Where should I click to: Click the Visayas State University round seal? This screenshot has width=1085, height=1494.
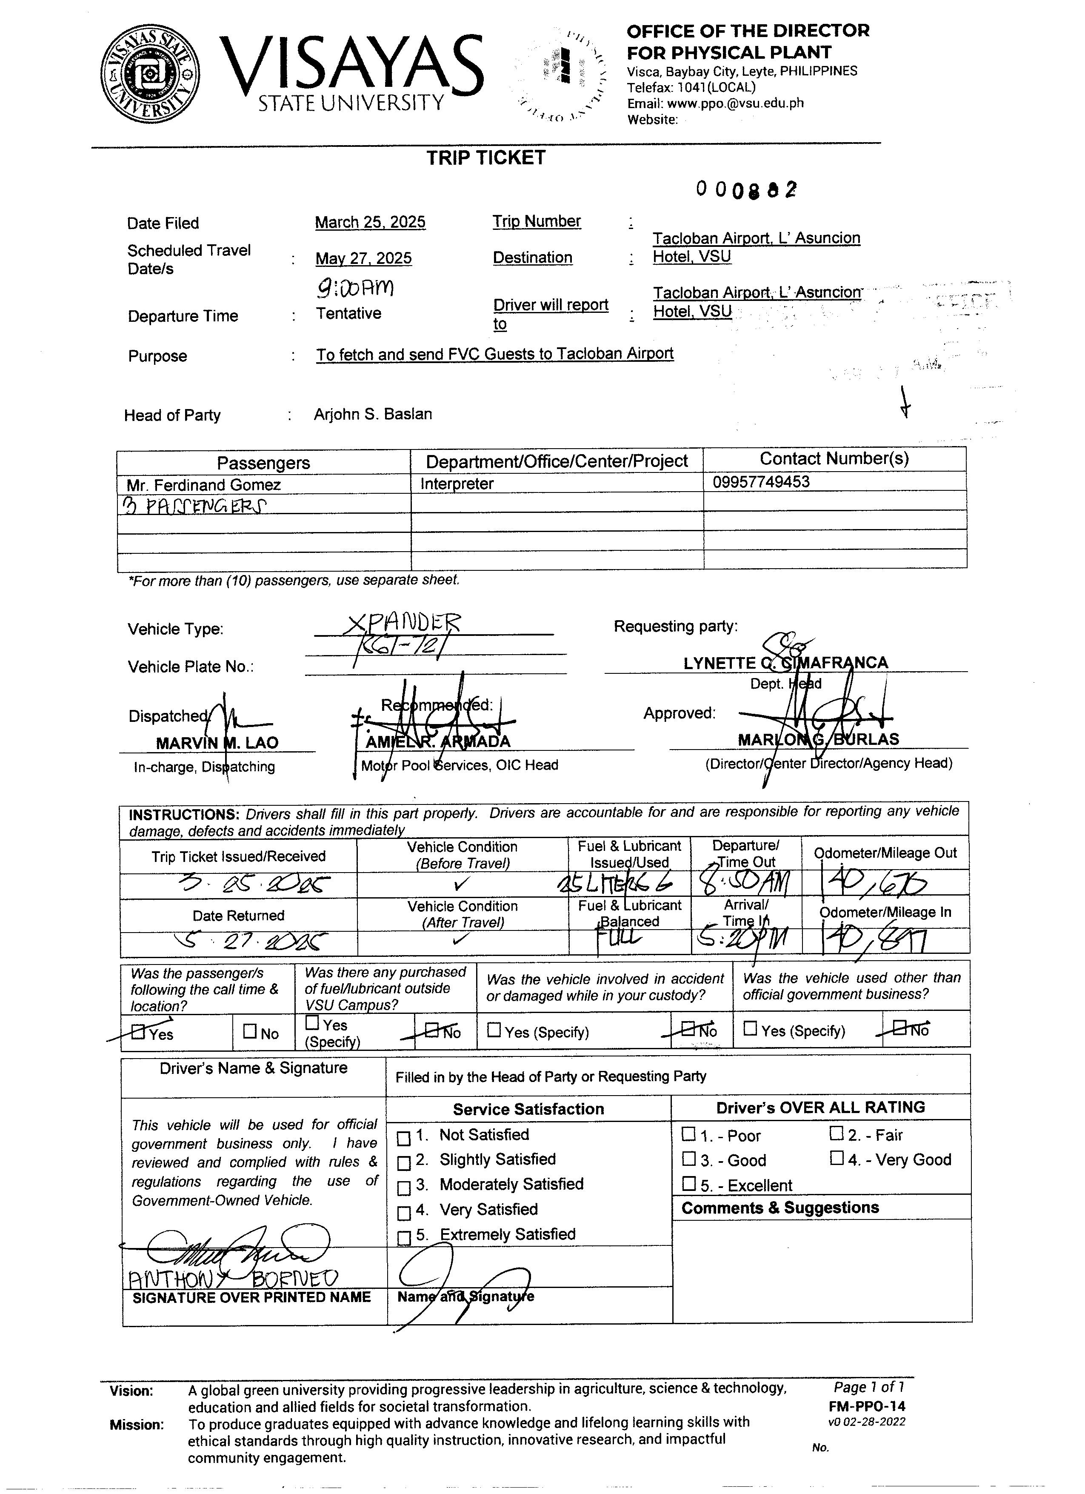(x=151, y=74)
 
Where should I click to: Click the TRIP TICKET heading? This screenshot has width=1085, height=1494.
(x=486, y=158)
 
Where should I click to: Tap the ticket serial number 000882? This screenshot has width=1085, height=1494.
(x=746, y=190)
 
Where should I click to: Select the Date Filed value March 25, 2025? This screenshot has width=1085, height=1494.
(x=370, y=223)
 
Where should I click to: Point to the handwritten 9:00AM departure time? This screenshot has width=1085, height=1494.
(x=356, y=287)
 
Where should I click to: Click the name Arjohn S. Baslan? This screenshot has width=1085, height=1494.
(x=373, y=414)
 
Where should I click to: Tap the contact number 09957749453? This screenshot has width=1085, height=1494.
(x=761, y=481)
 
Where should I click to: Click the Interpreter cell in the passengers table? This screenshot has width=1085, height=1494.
(x=457, y=484)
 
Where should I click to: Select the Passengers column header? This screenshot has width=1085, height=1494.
(x=263, y=462)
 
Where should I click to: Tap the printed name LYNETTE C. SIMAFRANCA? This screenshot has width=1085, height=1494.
(x=785, y=663)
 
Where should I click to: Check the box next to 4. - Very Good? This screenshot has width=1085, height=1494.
(x=836, y=1158)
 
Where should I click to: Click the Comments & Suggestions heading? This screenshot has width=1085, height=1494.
(x=780, y=1208)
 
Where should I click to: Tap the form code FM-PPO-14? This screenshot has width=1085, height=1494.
(x=867, y=1406)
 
